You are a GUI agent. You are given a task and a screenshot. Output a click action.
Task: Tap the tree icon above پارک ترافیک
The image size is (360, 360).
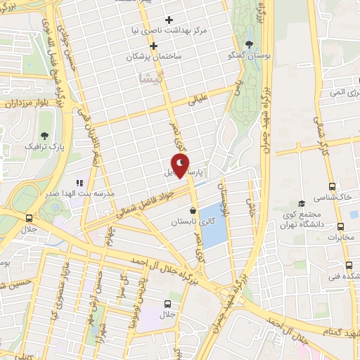click(x=45, y=136)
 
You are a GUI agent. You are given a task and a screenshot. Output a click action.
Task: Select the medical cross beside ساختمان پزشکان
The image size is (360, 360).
click(x=153, y=46)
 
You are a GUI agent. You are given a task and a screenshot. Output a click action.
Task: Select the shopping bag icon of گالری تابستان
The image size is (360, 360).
click(x=193, y=210)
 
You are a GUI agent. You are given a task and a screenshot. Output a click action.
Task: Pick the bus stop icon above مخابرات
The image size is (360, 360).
click(x=341, y=226)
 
